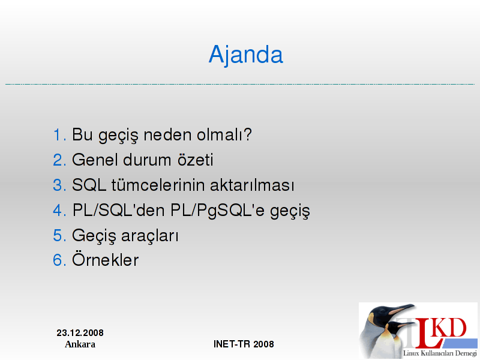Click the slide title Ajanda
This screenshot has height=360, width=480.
click(x=246, y=55)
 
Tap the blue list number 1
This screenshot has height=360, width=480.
click(x=59, y=134)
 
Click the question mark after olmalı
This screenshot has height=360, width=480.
click(x=247, y=134)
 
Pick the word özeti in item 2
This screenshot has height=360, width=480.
click(x=196, y=160)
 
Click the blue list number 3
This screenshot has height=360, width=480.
click(x=59, y=185)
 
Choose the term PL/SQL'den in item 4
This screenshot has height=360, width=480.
click(x=119, y=211)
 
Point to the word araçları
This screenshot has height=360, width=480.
click(x=149, y=236)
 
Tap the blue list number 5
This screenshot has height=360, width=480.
click(x=59, y=236)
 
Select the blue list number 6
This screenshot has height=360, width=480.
click(x=59, y=260)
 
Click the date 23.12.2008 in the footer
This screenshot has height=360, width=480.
click(x=80, y=333)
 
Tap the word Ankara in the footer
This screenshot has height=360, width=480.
click(x=80, y=344)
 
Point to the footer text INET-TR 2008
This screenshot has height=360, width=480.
click(x=244, y=344)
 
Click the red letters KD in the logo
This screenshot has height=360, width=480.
click(x=450, y=328)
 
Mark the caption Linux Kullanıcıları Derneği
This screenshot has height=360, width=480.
click(x=440, y=353)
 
